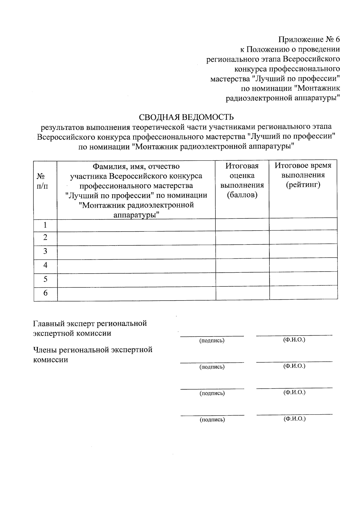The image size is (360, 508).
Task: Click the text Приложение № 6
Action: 309,40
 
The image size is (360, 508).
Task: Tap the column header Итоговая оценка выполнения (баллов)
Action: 242,181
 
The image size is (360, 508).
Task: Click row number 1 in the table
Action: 45,225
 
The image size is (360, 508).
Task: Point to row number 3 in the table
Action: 45,251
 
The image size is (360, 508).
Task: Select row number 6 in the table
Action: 45,293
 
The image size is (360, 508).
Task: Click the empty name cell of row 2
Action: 136,238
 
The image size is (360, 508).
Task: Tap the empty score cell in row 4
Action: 242,265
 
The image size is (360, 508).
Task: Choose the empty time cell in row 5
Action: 303,279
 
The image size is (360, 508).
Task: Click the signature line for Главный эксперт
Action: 212,335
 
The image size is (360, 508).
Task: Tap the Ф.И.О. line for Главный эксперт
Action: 294,334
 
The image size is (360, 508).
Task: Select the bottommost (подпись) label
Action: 212,420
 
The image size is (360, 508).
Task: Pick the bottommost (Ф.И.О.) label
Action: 294,419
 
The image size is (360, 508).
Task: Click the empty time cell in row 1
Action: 303,224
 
